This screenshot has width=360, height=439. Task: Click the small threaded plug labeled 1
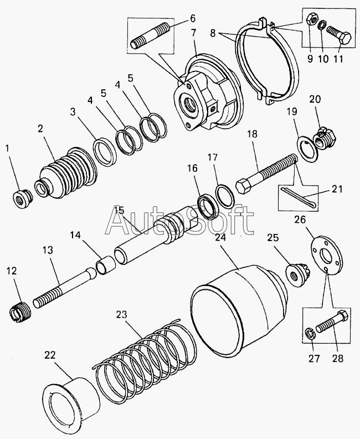(23, 198)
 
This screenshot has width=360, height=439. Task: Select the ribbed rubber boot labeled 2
(66, 174)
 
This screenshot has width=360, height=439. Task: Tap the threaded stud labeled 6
(150, 36)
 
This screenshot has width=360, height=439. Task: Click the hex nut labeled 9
(312, 19)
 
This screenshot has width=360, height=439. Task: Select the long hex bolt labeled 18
(266, 174)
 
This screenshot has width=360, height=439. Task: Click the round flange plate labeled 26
(327, 256)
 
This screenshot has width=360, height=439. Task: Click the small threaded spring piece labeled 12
(20, 312)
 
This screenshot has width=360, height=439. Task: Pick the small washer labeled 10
(322, 24)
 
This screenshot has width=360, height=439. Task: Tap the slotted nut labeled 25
(296, 274)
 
